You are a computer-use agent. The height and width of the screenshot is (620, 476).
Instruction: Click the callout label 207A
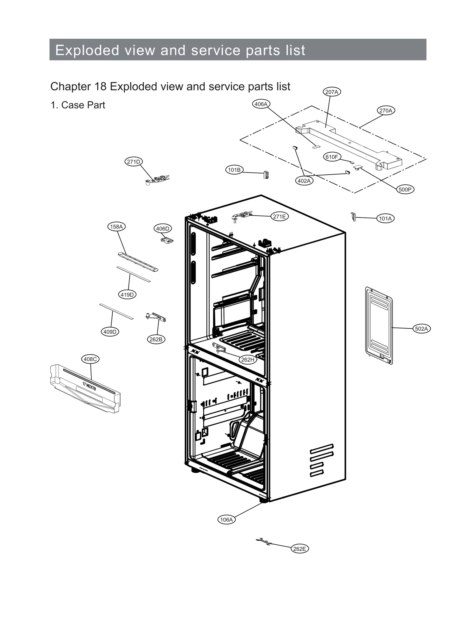click(331, 92)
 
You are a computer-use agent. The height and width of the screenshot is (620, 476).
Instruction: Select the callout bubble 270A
click(386, 110)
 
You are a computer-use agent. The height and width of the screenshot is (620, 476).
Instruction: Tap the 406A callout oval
click(261, 104)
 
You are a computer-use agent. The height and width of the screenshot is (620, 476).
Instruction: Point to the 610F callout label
click(332, 157)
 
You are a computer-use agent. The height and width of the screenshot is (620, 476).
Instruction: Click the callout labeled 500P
click(405, 190)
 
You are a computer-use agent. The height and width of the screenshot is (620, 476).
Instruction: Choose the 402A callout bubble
click(304, 181)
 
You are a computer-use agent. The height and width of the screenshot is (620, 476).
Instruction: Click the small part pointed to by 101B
click(266, 175)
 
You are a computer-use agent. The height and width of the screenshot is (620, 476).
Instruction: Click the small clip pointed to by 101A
click(353, 217)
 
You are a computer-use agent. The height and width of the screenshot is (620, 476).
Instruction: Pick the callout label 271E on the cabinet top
click(279, 217)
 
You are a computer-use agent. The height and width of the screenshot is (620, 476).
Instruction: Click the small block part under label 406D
click(167, 239)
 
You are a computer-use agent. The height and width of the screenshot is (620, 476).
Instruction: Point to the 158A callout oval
click(116, 227)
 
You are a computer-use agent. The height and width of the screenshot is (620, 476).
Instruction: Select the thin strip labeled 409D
click(116, 311)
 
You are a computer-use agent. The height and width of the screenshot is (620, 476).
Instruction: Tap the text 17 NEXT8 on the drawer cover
click(89, 386)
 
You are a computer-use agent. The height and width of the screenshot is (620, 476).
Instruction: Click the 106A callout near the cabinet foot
click(226, 520)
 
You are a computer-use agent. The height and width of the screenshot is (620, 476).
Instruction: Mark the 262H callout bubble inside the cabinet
click(248, 360)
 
